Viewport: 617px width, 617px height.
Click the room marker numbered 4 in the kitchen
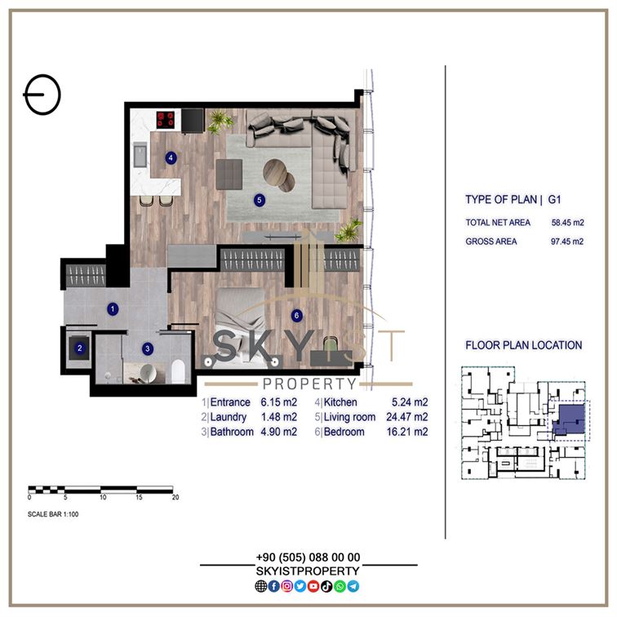tap(171, 158)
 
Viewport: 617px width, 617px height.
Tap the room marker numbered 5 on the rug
tap(259, 200)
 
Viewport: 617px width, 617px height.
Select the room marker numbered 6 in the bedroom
tap(296, 315)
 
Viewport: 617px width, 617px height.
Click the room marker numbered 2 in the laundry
tap(79, 348)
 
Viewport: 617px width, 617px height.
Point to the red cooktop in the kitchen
tap(165, 120)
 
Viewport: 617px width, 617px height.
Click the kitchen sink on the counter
tap(140, 154)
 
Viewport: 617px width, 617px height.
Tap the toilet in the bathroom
tap(178, 371)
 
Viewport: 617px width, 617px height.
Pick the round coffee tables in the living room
tap(279, 175)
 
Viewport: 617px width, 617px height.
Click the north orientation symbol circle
tap(43, 95)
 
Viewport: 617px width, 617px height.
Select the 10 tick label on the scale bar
tap(103, 497)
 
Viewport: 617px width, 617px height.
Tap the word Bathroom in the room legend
tap(232, 432)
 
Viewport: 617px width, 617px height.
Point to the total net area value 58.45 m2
tap(567, 222)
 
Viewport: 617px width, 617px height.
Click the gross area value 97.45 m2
tap(567, 242)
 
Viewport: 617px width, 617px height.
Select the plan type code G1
tap(554, 199)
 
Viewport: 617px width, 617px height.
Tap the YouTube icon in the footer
tap(313, 586)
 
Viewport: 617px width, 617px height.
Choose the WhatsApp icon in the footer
tap(340, 586)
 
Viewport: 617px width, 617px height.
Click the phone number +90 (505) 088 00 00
tap(308, 557)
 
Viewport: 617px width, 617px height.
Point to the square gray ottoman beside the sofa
tap(229, 174)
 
